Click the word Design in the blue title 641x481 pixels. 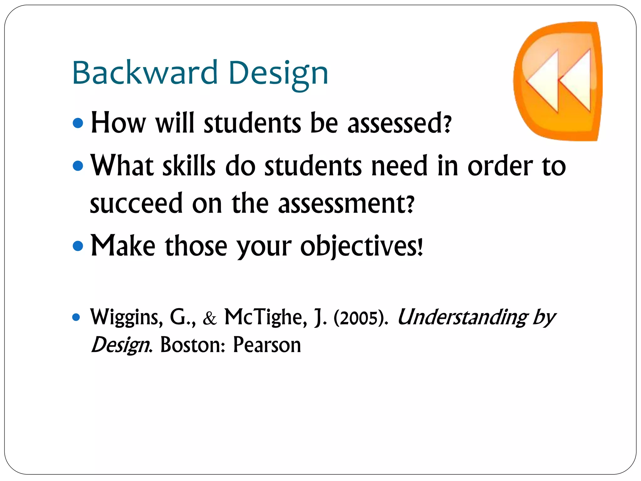click(x=278, y=74)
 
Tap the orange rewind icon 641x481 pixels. click(x=557, y=81)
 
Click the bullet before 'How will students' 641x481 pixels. click(x=78, y=123)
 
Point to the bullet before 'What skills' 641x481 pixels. click(x=78, y=166)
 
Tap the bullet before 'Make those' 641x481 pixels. click(x=78, y=246)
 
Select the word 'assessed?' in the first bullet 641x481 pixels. click(x=399, y=123)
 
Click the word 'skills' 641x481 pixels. click(x=189, y=166)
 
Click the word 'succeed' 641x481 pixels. click(x=136, y=204)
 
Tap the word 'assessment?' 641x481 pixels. click(x=346, y=204)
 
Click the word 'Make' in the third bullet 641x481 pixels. click(x=123, y=246)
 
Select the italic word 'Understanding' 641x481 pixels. click(x=462, y=317)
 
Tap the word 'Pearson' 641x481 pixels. click(x=267, y=345)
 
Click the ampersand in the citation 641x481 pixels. click(x=210, y=318)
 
